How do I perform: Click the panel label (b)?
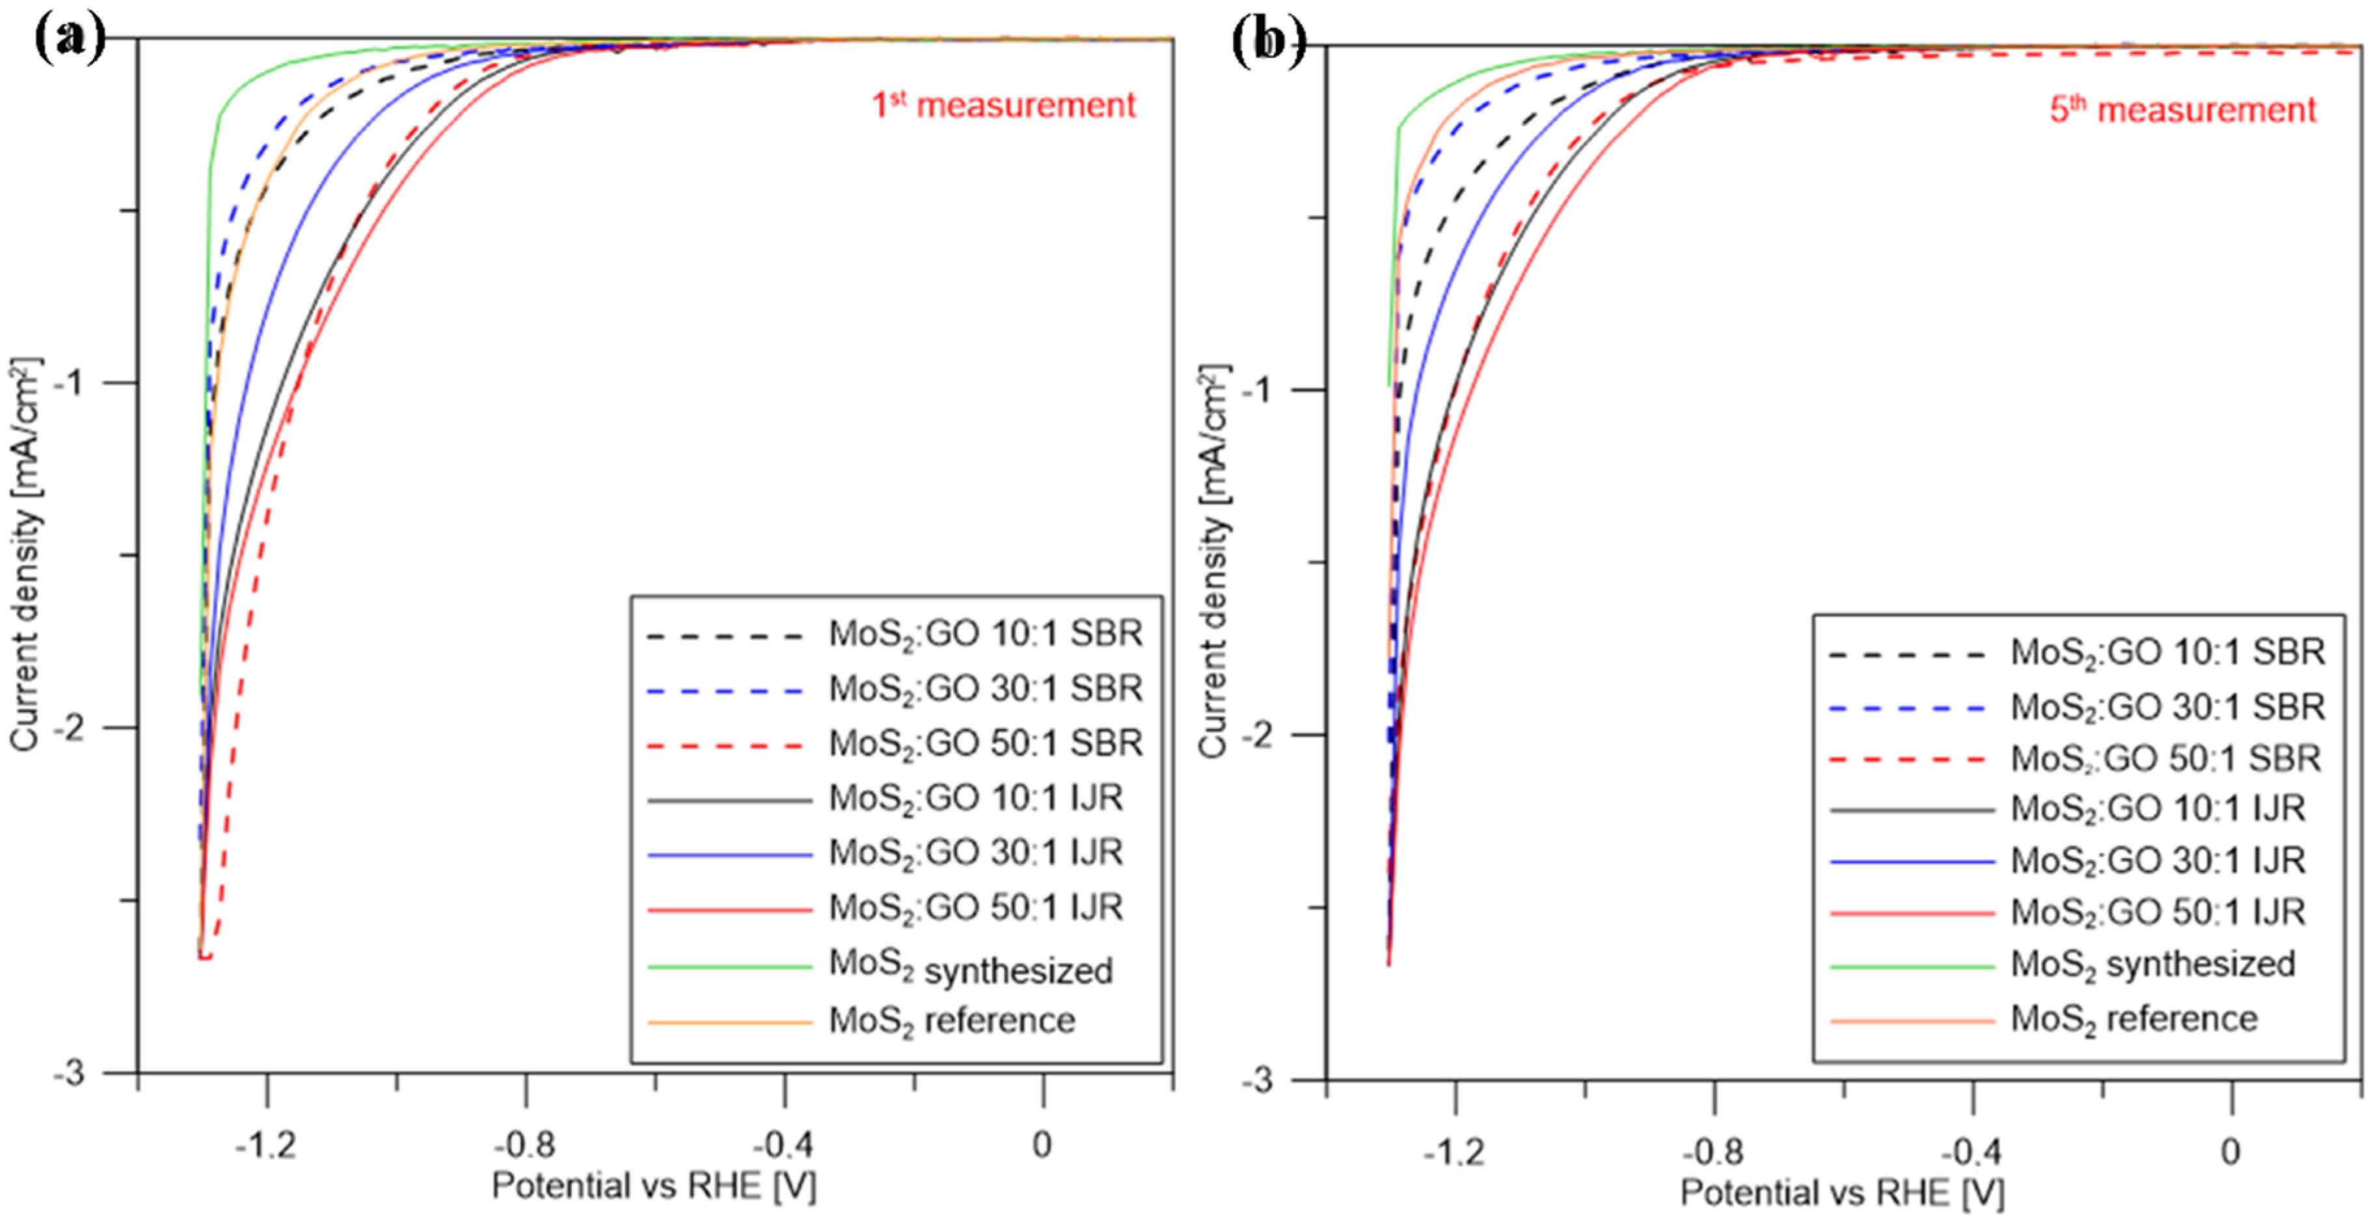pos(1269,42)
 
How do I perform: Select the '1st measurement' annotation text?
pos(1003,105)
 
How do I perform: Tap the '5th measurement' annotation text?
pos(2182,110)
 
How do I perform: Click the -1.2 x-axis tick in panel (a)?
pos(267,1145)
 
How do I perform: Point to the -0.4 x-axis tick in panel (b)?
pos(1973,1151)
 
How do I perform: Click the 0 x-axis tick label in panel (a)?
pos(1042,1145)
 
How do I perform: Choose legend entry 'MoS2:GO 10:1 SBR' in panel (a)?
pos(985,634)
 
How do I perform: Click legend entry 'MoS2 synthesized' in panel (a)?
pos(970,967)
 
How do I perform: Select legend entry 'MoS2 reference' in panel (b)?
pos(2133,1019)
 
